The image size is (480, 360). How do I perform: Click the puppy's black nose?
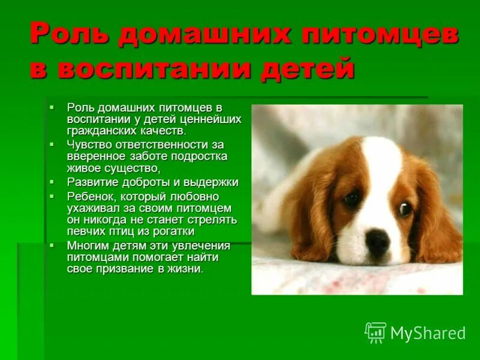click(x=377, y=241)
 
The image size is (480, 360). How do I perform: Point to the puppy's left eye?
click(x=351, y=199)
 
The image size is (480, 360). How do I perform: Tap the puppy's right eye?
click(x=406, y=209)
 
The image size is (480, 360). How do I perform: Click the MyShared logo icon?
click(x=376, y=332)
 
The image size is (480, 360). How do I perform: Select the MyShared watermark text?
click(x=428, y=333)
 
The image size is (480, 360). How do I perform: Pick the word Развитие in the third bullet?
click(x=90, y=182)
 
